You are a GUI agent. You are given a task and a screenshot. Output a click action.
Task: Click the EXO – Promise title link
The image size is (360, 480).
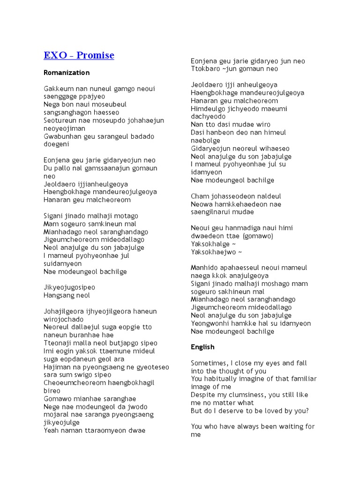tap(79, 55)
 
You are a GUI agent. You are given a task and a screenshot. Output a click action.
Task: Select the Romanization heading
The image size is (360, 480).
tap(67, 73)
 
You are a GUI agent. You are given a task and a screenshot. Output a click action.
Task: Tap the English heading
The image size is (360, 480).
tap(202, 347)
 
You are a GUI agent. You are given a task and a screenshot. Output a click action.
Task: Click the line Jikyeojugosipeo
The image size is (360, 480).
tap(69, 287)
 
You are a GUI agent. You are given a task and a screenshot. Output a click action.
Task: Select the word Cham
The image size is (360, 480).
tap(199, 196)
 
